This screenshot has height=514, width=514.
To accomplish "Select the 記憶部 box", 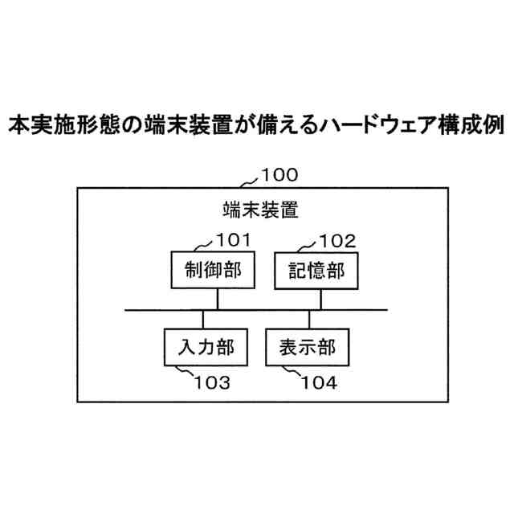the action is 316,271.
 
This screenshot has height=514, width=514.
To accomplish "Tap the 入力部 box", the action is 206,347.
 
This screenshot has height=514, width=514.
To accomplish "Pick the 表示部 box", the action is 308,347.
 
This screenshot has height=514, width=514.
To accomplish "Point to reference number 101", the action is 234,239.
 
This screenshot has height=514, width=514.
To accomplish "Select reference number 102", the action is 337,239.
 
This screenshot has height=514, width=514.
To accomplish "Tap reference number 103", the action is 212,382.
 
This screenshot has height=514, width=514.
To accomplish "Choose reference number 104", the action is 319,382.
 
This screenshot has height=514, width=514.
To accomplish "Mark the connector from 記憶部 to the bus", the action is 322,300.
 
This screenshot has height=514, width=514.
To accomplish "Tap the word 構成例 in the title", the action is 467,125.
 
